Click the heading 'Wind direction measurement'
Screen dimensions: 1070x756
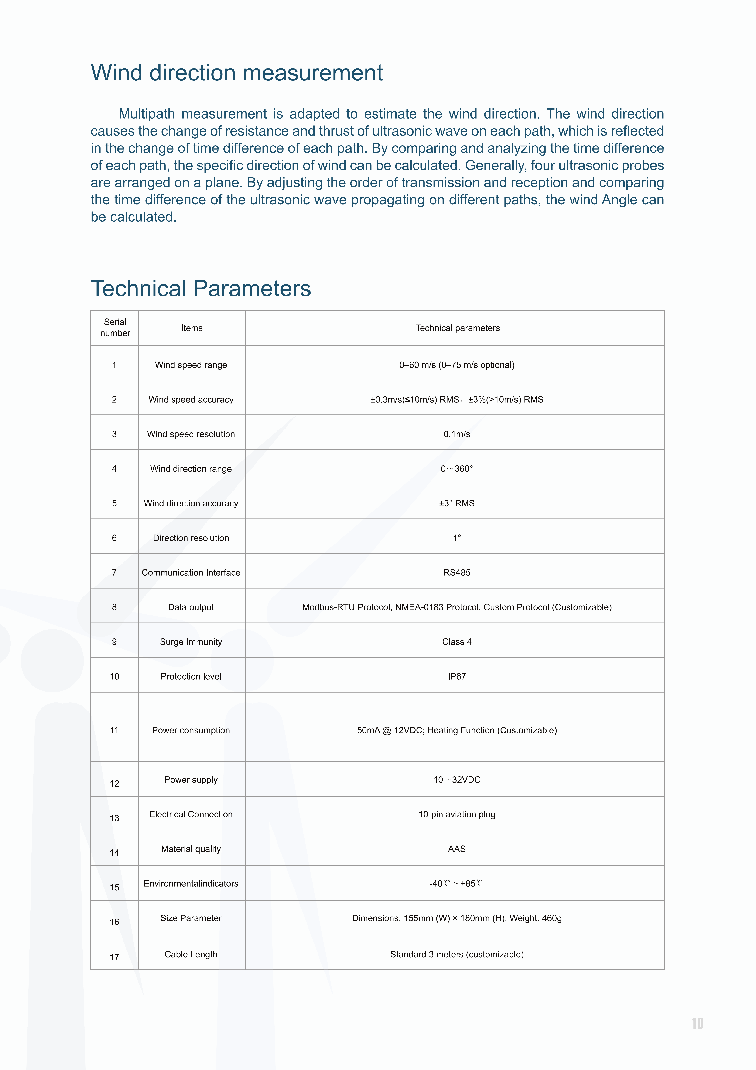[236, 73]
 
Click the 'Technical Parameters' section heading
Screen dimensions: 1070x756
[201, 289]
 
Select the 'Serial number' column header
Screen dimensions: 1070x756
[115, 328]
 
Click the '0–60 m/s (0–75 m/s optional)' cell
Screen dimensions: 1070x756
[457, 365]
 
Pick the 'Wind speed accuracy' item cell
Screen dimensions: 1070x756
[191, 399]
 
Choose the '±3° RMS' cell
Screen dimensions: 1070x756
[457, 503]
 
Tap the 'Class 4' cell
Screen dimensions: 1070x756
[457, 642]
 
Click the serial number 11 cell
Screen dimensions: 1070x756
[115, 730]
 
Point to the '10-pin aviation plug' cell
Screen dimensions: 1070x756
[457, 814]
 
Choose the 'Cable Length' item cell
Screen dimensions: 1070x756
[191, 954]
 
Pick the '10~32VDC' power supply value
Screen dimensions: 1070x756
[457, 780]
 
